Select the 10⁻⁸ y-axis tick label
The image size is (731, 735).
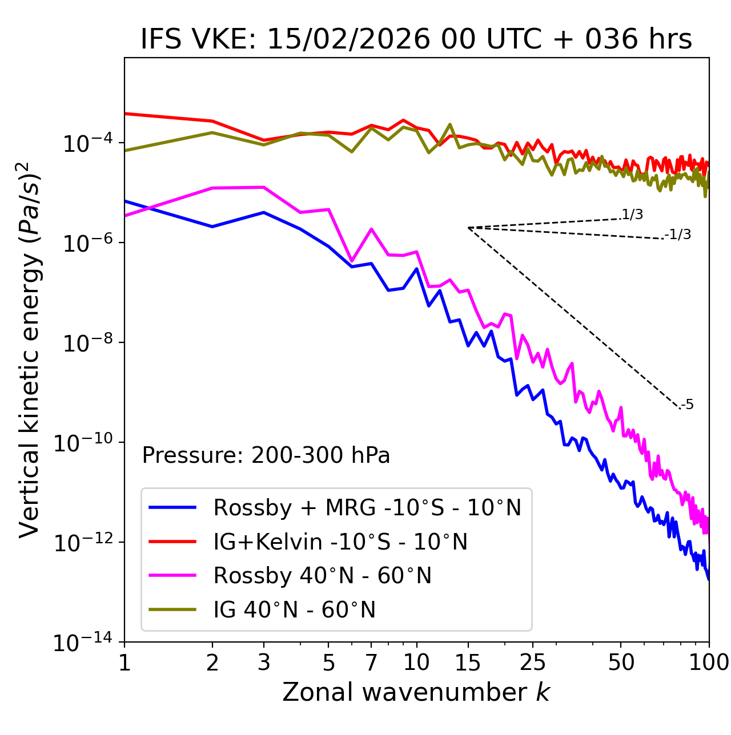pyautogui.click(x=86, y=343)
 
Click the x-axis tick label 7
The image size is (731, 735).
pyautogui.click(x=371, y=663)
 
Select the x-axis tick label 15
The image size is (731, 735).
pyautogui.click(x=468, y=663)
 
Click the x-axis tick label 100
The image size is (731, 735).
pyautogui.click(x=708, y=663)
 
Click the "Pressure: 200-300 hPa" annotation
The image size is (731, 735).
pyautogui.click(x=266, y=455)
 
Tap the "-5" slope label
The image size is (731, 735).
pyautogui.click(x=687, y=405)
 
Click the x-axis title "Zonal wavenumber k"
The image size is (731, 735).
pyautogui.click(x=416, y=692)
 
